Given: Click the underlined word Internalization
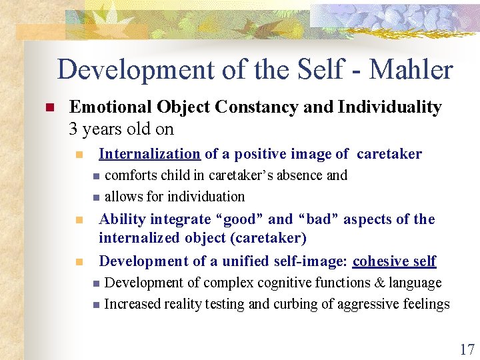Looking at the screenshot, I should click(149, 154).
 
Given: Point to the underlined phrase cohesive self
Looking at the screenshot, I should click(394, 261).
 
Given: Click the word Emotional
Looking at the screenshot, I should click(110, 107).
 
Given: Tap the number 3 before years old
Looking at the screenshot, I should click(73, 129).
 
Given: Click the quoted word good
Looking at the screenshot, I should click(236, 219).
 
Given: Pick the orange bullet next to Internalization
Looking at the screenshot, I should click(79, 155).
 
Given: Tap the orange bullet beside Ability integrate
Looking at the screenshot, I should click(79, 220).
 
